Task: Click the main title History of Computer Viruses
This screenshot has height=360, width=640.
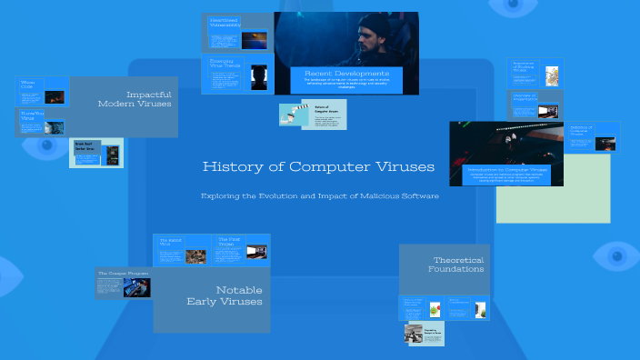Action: pyautogui.click(x=318, y=167)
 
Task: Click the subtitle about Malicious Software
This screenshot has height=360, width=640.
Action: pyautogui.click(x=318, y=196)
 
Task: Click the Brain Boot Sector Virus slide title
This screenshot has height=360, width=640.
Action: pyautogui.click(x=85, y=146)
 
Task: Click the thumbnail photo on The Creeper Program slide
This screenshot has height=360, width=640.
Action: pyautogui.click(x=136, y=287)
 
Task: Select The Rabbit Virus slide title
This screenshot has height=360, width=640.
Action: pyautogui.click(x=172, y=241)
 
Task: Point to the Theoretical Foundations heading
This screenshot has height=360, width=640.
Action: pyautogui.click(x=445, y=265)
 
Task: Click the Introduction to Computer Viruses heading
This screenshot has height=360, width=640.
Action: pyautogui.click(x=506, y=170)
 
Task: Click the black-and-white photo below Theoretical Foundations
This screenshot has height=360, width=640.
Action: pyautogui.click(x=415, y=335)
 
